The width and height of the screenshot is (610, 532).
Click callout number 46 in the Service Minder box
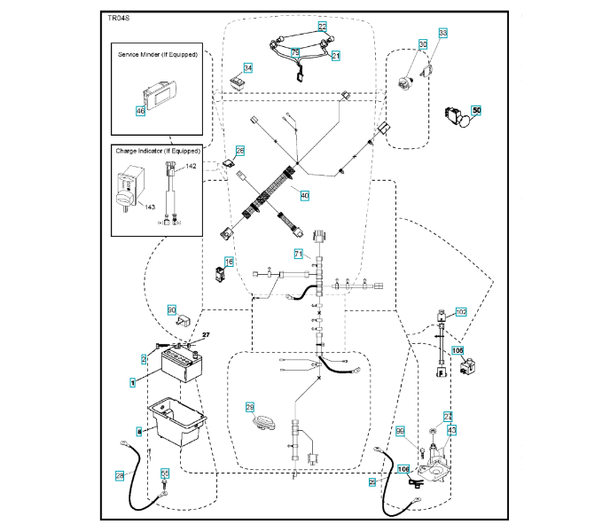click(140, 111)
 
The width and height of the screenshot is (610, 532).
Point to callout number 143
click(150, 207)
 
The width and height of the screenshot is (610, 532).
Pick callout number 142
click(192, 167)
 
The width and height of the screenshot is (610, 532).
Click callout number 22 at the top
click(322, 27)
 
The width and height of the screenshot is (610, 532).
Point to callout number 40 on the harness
click(304, 195)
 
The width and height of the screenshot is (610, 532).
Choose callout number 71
click(299, 254)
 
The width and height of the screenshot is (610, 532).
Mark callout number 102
click(460, 312)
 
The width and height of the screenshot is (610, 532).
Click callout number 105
click(457, 350)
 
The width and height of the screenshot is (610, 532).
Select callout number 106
click(403, 469)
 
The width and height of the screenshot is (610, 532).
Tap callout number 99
click(400, 431)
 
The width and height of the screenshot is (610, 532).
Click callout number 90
click(172, 309)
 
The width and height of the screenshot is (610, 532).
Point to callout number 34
click(248, 68)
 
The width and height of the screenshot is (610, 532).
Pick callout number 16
click(229, 262)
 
